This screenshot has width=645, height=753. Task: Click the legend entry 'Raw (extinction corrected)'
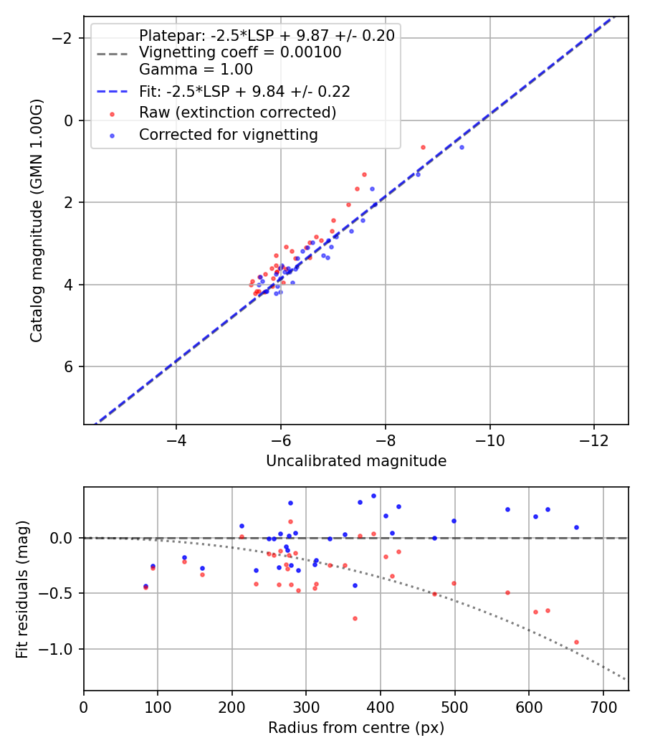(237, 113)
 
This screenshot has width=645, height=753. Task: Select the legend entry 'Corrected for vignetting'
(228, 134)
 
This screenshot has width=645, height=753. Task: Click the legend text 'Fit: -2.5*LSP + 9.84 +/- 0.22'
(244, 91)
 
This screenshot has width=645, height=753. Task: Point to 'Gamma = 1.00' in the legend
(196, 70)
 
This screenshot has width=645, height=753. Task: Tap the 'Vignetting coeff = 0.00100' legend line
(240, 52)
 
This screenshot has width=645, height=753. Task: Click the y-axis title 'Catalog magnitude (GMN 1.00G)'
(37, 220)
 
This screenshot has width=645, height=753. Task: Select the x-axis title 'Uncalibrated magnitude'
(356, 461)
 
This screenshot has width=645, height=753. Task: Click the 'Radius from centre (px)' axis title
(356, 728)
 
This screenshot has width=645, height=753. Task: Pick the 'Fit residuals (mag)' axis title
(22, 589)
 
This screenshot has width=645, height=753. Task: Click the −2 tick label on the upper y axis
(65, 38)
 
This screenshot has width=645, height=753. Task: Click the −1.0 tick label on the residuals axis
(59, 649)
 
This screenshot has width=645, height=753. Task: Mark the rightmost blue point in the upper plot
(462, 147)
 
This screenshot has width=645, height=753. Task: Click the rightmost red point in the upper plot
(423, 147)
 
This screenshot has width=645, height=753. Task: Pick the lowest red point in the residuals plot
(576, 642)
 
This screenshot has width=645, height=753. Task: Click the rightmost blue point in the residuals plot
(576, 527)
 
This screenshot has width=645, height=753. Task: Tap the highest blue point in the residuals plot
(373, 496)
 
